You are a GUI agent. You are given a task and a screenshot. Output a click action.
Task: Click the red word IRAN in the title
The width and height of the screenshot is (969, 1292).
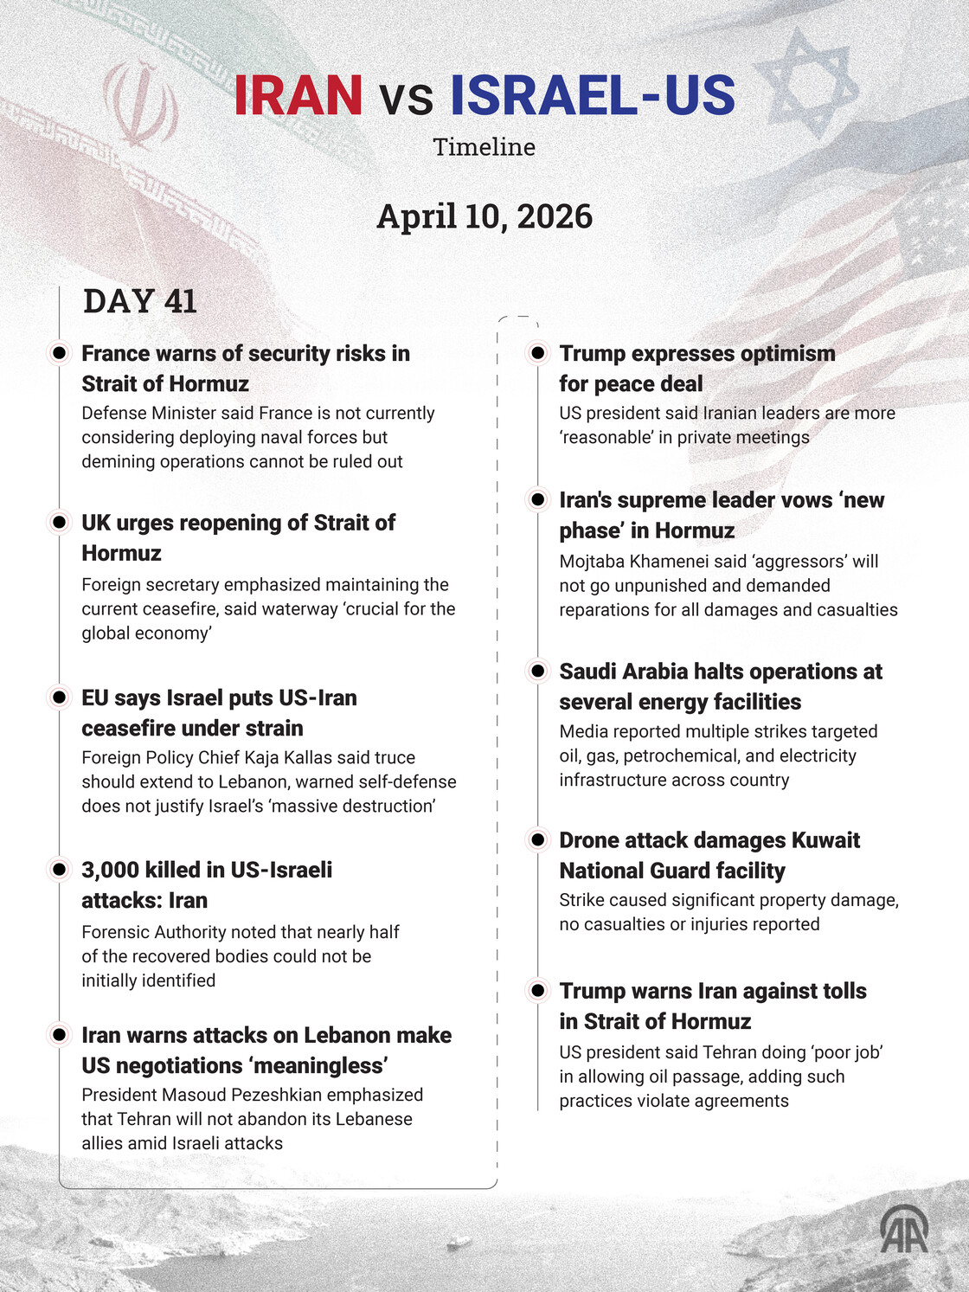click(298, 95)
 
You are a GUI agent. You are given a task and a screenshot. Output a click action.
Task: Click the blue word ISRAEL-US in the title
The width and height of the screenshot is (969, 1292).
click(593, 95)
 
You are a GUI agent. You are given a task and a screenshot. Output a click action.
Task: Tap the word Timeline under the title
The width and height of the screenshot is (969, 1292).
click(484, 147)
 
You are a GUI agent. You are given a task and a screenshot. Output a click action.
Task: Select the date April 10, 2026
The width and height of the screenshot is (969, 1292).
click(484, 216)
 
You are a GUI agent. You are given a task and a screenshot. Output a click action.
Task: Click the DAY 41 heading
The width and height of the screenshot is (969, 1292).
click(140, 301)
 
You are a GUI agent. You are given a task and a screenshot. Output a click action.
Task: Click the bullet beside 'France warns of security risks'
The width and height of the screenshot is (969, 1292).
click(59, 353)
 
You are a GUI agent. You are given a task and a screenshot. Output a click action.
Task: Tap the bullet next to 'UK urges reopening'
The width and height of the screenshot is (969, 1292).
click(59, 522)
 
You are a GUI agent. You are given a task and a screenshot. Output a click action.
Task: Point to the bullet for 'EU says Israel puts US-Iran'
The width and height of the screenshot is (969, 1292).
click(59, 697)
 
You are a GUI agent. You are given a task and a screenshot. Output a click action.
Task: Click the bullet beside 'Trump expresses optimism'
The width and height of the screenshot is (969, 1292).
click(537, 353)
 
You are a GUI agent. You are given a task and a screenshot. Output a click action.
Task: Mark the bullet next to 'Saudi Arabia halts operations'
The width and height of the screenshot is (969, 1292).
click(537, 671)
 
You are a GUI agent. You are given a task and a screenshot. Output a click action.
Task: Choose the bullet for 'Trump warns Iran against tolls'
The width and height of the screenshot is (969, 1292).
click(537, 990)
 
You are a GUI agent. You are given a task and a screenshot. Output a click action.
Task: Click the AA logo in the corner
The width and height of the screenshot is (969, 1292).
click(904, 1229)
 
